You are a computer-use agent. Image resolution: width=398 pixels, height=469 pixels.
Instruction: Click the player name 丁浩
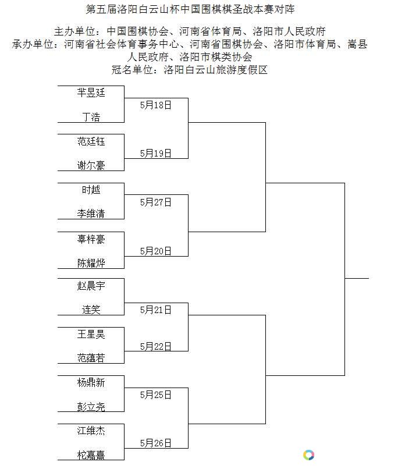pyautogui.click(x=91, y=116)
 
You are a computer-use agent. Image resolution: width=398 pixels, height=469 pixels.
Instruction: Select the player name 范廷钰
pyautogui.click(x=91, y=141)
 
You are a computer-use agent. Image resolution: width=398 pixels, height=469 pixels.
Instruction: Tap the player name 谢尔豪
pyautogui.click(x=91, y=165)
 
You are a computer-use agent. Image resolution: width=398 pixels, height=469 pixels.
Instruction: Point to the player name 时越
pyautogui.click(x=91, y=190)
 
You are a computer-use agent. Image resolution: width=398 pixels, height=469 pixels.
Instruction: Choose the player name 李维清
pyautogui.click(x=91, y=214)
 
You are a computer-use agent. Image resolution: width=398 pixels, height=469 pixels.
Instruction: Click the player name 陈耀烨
pyautogui.click(x=91, y=263)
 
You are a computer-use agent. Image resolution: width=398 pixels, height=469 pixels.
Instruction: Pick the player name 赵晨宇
pyautogui.click(x=91, y=286)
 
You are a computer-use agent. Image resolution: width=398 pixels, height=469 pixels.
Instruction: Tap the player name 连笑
pyautogui.click(x=91, y=310)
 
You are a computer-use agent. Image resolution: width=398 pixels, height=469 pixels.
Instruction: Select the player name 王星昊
pyautogui.click(x=91, y=334)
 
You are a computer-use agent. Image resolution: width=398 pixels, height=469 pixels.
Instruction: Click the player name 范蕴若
pyautogui.click(x=91, y=358)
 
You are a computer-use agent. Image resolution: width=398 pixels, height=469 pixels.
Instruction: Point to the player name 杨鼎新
pyautogui.click(x=91, y=382)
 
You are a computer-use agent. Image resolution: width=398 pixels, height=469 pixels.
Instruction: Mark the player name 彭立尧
pyautogui.click(x=91, y=407)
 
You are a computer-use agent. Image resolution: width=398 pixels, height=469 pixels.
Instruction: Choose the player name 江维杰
pyautogui.click(x=91, y=431)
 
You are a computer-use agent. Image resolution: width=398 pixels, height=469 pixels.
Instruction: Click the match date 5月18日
pyautogui.click(x=156, y=105)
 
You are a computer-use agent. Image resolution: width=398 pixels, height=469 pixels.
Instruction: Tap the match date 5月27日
pyautogui.click(x=156, y=202)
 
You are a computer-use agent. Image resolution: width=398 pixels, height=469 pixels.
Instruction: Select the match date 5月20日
pyautogui.click(x=156, y=251)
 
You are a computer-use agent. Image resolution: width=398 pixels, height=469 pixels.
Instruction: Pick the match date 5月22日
pyautogui.click(x=156, y=346)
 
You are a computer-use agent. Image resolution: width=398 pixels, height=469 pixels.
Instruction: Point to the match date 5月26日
pyautogui.click(x=156, y=443)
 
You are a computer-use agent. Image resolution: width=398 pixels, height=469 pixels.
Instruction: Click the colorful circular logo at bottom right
pyautogui.click(x=308, y=455)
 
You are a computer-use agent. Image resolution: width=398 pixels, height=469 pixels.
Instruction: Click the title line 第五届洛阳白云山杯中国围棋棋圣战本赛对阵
pyautogui.click(x=190, y=9)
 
